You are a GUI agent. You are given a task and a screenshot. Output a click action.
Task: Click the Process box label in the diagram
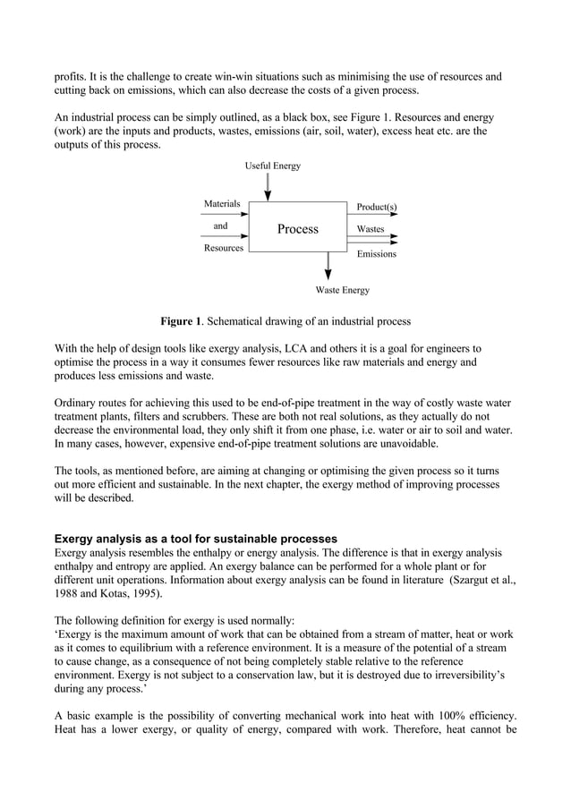[x=297, y=230]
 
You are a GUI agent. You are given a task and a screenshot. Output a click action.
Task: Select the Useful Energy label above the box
[x=273, y=166]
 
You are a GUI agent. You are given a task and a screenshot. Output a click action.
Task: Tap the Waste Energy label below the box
[x=342, y=290]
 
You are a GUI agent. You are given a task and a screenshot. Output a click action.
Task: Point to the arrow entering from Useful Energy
[x=268, y=187]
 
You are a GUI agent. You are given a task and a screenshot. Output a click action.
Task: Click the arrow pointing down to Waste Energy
[x=328, y=267]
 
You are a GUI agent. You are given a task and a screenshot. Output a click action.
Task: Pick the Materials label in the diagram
[x=222, y=204]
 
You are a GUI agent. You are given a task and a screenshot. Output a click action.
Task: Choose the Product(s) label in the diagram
[x=377, y=208]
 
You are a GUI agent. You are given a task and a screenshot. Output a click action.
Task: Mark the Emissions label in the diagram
[x=376, y=255]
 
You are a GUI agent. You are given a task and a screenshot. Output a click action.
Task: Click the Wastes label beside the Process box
[x=371, y=230]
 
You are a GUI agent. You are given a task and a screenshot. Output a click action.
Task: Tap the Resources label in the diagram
[x=223, y=248]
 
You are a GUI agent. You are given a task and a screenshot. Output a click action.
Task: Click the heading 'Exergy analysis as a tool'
[x=195, y=539]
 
